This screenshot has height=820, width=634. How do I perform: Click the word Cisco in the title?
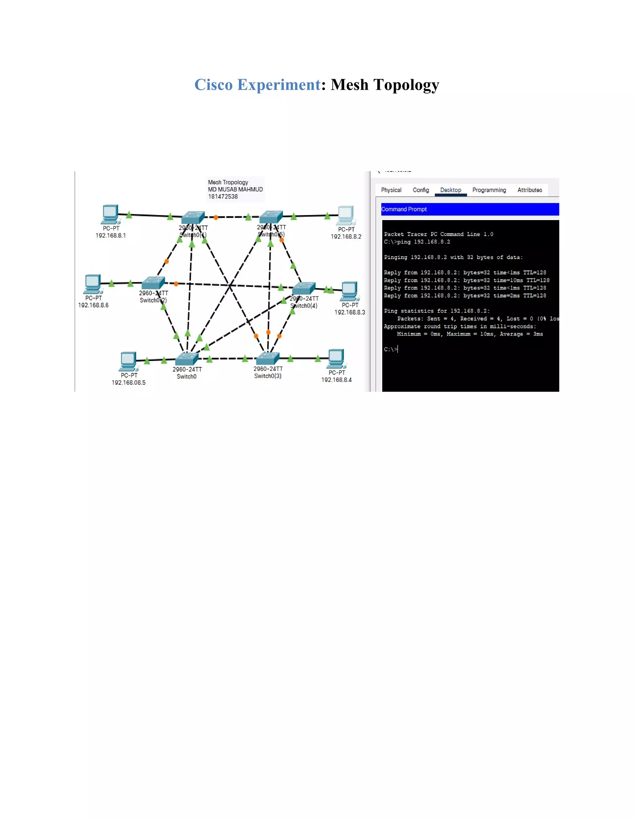(x=213, y=85)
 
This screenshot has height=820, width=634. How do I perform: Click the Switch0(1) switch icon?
(x=193, y=218)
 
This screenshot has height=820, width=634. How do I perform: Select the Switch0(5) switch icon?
(x=271, y=217)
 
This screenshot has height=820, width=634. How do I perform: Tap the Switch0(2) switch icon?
(x=153, y=283)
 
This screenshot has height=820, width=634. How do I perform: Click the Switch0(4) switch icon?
(x=303, y=288)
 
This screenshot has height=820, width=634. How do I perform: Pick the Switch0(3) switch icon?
(x=267, y=359)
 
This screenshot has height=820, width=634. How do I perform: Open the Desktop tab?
(x=450, y=190)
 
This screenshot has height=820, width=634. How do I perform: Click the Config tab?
(x=421, y=190)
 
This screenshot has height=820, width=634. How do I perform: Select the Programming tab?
(x=489, y=190)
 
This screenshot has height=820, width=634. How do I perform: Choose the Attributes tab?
(x=530, y=190)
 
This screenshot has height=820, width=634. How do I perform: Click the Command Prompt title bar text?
(x=404, y=209)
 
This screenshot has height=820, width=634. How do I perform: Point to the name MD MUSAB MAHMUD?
(x=235, y=189)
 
